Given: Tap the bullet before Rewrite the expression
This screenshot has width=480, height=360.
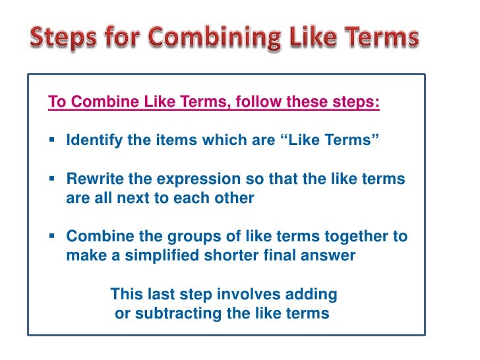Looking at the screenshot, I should pyautogui.click(x=52, y=180).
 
